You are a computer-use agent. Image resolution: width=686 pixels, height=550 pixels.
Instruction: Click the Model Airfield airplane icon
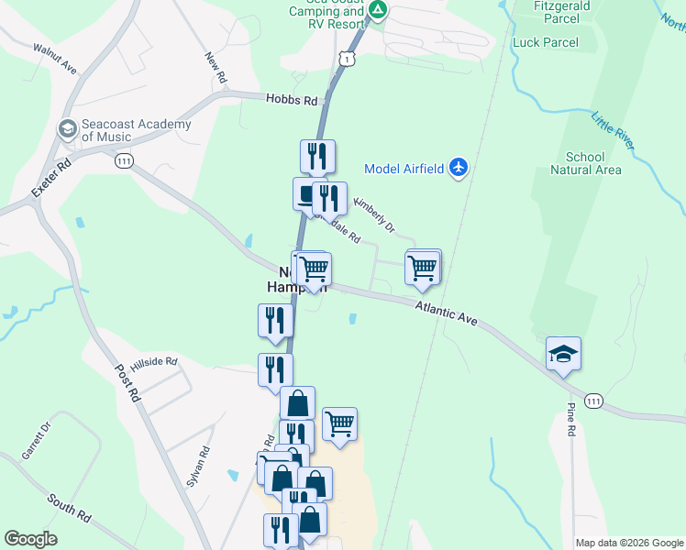459,168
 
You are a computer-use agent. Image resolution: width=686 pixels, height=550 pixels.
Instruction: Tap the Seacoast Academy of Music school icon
67,130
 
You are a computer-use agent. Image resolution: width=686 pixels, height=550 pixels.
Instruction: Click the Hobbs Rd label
292,100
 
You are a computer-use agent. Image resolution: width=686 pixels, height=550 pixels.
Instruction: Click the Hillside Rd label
153,363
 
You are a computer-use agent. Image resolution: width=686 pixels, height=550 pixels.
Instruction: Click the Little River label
612,131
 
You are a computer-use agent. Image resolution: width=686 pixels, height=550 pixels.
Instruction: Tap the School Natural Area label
586,163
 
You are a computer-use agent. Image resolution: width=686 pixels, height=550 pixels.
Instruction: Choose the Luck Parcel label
546,42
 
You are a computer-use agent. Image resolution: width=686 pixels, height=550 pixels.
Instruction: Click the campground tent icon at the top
378,12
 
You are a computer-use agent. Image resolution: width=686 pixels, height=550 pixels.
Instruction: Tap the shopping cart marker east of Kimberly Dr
422,268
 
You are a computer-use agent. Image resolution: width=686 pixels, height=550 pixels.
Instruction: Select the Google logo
30,539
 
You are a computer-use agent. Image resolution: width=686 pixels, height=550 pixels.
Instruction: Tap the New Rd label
216,70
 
